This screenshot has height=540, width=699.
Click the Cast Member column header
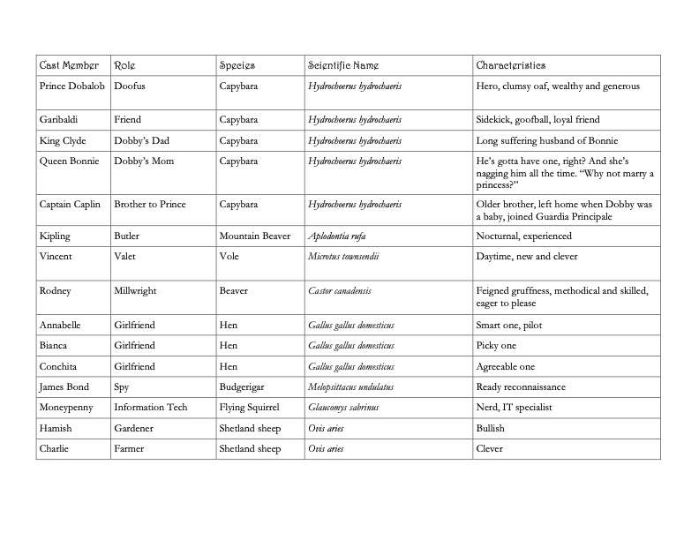pyautogui.click(x=68, y=65)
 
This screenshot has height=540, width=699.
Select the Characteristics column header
pyautogui.click(x=511, y=65)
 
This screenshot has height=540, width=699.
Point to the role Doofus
pyautogui.click(x=130, y=86)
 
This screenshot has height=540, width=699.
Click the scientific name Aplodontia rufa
pyautogui.click(x=335, y=236)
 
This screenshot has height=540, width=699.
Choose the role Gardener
pyautogui.click(x=134, y=428)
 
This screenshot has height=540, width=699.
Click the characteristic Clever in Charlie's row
pyautogui.click(x=490, y=448)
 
